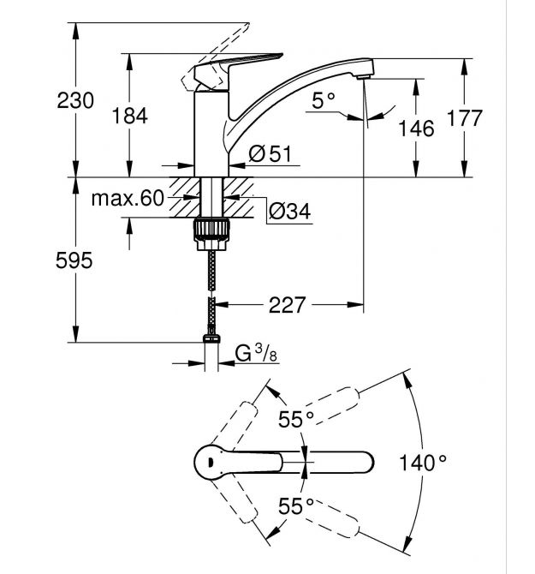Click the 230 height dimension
point(76,101)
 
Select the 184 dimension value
point(130,116)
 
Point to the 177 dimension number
point(465,118)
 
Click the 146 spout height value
point(417,129)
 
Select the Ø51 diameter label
point(270,154)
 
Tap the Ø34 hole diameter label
point(288,211)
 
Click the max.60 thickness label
point(128,200)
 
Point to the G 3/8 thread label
point(256,354)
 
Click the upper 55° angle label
point(295,419)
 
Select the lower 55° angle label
point(295,506)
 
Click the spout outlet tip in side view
point(365,77)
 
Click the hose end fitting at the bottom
point(211,340)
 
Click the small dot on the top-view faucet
point(208,461)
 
